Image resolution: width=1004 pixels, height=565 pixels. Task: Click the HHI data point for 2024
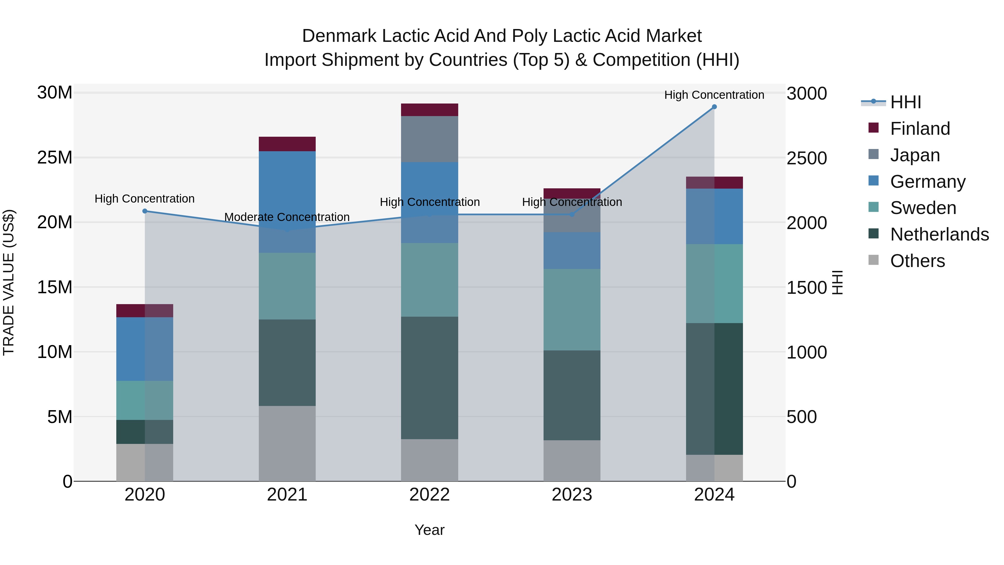coord(714,107)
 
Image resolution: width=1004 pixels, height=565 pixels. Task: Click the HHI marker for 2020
coord(144,211)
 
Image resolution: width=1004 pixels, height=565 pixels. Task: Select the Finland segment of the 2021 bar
coord(287,144)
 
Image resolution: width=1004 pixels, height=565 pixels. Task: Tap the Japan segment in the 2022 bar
coord(429,139)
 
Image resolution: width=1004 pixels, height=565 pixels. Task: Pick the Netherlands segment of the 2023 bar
coord(572,395)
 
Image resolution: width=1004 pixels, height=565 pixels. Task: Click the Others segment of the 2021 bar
coord(287,443)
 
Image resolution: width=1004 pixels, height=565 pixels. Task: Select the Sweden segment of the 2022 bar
coord(429,280)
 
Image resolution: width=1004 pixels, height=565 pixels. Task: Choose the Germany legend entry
coord(928,182)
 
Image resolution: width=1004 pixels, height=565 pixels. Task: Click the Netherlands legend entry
coord(939,234)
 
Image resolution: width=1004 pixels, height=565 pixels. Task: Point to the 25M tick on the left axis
coord(55,158)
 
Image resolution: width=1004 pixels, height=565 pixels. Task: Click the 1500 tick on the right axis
coord(806,288)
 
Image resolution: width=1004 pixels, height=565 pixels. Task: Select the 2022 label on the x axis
coord(429,495)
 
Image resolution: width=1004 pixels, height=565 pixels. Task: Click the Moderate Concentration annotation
coord(287,217)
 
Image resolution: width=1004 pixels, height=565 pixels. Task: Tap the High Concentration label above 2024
coord(714,95)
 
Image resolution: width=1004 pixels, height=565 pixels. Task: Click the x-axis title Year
coord(429,530)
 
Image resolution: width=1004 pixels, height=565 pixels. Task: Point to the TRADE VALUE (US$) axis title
coord(9,282)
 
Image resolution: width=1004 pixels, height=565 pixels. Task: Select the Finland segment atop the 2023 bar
coord(572,193)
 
